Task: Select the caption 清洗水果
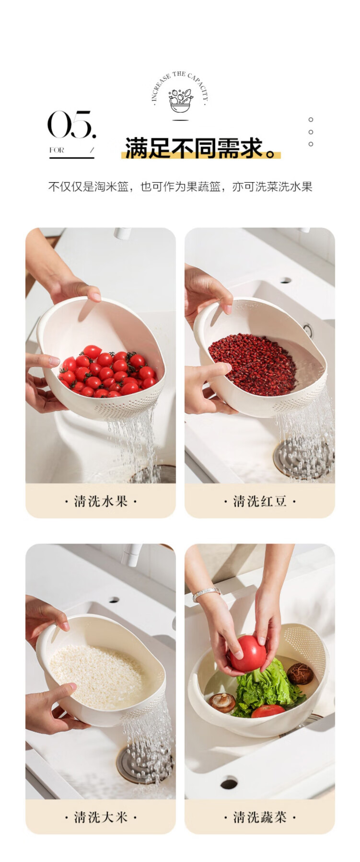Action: (x=101, y=501)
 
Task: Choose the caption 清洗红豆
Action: (x=260, y=501)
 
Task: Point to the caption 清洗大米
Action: (x=101, y=816)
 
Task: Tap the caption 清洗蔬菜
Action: (x=260, y=816)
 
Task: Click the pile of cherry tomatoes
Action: (x=108, y=371)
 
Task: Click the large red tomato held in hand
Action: (x=248, y=654)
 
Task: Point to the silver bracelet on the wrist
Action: (x=206, y=594)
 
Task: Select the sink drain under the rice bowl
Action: (x=144, y=762)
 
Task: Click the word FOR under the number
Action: (x=57, y=150)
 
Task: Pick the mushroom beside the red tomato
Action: (x=300, y=673)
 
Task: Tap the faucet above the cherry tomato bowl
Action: (x=123, y=233)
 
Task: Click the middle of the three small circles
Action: (x=311, y=132)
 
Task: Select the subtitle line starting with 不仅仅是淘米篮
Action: (x=180, y=186)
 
